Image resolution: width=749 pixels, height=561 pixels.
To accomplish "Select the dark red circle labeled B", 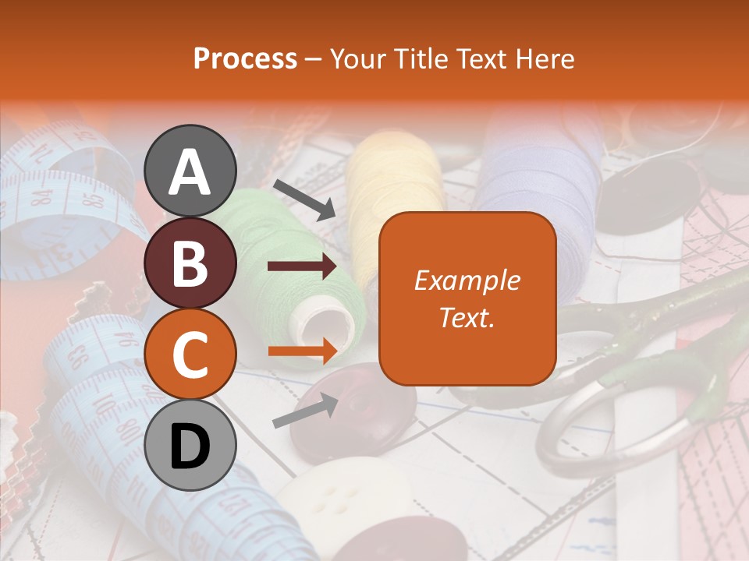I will coord(190,263).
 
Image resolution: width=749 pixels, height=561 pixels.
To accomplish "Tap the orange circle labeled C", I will coord(190,354).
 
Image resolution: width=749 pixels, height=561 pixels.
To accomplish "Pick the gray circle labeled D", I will coord(190,445).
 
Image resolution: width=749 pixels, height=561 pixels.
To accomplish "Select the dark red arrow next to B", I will coord(302,266).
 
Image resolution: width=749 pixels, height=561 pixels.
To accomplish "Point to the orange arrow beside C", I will coord(302,351).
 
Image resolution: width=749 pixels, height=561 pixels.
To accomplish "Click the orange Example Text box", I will coord(467,298).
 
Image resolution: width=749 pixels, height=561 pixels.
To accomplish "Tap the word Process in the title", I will coord(245,58).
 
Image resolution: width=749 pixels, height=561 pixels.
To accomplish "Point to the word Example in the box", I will coord(467,280).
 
